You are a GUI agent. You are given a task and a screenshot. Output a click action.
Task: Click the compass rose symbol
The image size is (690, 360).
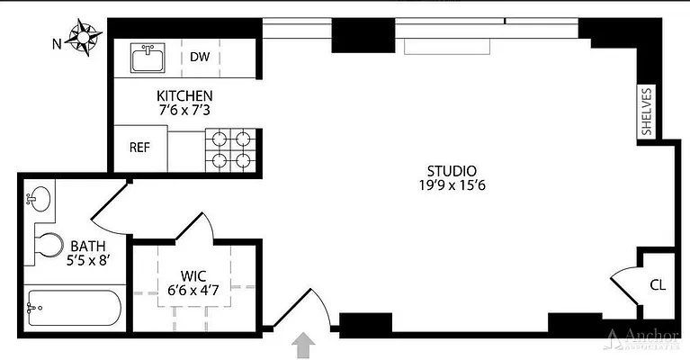86,39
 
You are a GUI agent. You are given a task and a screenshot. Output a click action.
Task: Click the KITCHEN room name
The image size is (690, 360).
184,96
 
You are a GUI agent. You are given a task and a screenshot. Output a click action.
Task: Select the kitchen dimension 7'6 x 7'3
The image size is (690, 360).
184,112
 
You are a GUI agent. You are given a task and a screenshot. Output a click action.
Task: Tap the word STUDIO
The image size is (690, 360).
451,170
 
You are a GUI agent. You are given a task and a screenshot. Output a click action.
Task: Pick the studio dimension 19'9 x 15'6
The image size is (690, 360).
451,186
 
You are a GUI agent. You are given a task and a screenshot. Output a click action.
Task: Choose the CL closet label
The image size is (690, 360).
658,284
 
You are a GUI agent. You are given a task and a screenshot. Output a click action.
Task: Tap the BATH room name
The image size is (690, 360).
88,245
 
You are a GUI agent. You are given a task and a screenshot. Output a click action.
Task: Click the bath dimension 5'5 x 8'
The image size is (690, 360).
88,260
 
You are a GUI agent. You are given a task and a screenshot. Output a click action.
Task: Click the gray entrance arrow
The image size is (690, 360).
305,345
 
